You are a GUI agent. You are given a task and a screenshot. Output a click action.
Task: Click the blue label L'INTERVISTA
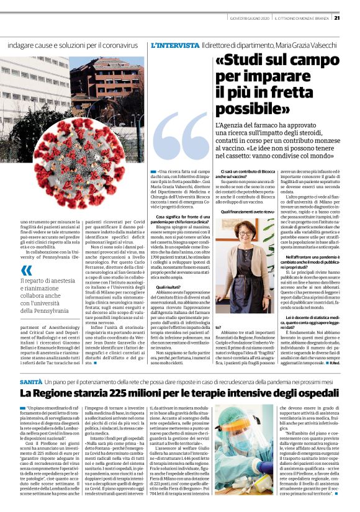tap(175, 45)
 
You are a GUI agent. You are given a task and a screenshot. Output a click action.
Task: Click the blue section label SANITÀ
tap(31, 362)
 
